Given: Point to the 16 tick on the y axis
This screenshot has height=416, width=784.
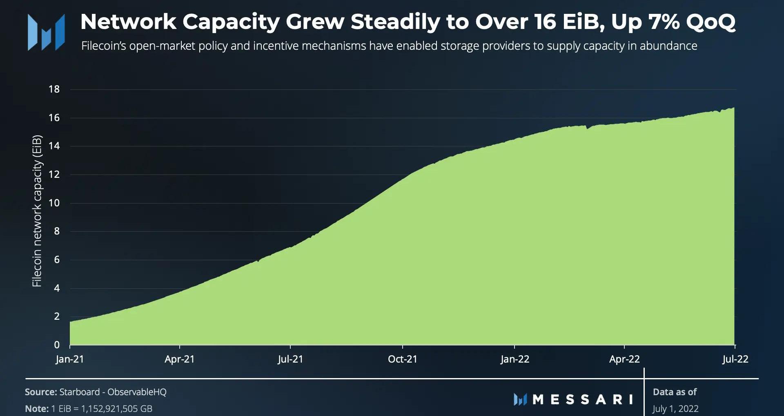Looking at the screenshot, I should coord(54,118).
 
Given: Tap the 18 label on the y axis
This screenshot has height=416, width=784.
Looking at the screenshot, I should coord(54,89).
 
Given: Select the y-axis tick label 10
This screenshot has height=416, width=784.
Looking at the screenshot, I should coord(54,203).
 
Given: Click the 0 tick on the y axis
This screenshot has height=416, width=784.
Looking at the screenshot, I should coord(57,345).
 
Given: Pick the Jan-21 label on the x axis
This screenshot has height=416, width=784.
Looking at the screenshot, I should coord(70,359).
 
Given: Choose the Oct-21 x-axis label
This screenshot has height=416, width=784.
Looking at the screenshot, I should coord(403,359).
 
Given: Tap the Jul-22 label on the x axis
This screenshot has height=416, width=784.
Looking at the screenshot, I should coord(735,359).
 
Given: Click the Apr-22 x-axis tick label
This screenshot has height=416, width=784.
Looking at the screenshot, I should coord(624,359).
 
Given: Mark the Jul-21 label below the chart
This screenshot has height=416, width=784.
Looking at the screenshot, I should coord(290,359).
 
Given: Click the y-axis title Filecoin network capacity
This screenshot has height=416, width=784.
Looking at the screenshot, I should coord(37,211).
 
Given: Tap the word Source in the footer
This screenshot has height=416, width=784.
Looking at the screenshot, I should coord(40,392).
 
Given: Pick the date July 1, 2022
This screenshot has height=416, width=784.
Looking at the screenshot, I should coord(675,409).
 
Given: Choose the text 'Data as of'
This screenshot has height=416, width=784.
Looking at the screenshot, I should coord(675,392).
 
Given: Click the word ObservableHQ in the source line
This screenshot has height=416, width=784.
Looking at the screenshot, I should coord(137,392).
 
